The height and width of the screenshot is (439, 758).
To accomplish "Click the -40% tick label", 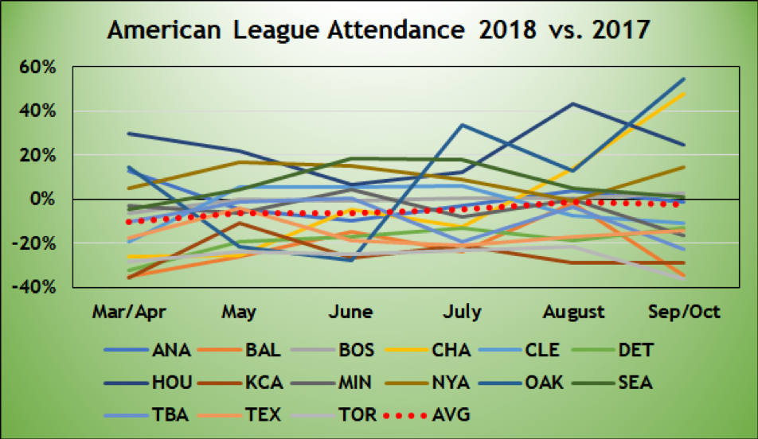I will (36, 286).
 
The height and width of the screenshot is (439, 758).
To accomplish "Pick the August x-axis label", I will (572, 311).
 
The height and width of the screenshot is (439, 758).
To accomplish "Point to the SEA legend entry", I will (636, 383).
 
